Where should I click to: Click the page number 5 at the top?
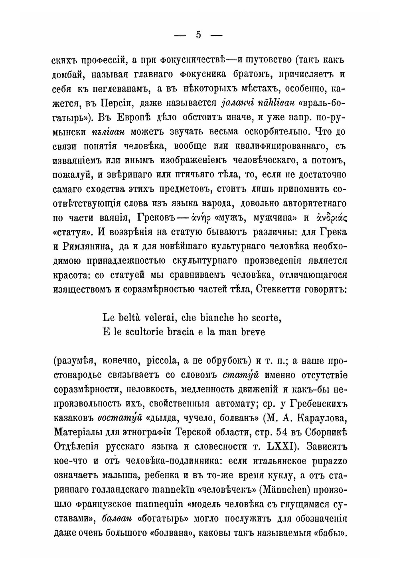coord(198,35)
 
